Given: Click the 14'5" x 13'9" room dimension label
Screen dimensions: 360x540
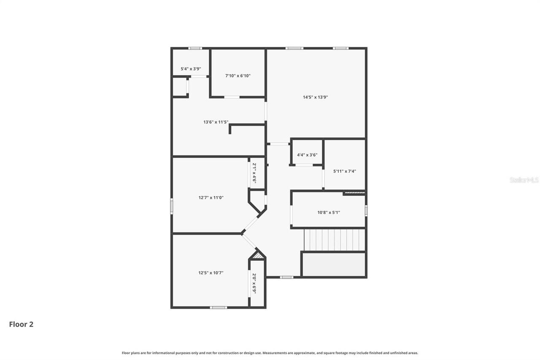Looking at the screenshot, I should click(x=315, y=97).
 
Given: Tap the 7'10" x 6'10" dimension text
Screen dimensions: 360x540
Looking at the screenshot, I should click(x=238, y=76).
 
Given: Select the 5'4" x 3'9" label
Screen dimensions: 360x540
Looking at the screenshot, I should click(x=191, y=69).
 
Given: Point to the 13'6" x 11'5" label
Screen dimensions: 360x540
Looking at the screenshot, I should click(x=216, y=122).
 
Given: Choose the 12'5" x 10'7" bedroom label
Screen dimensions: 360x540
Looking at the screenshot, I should click(x=211, y=273).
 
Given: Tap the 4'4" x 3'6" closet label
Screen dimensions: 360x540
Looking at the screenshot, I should click(x=307, y=155).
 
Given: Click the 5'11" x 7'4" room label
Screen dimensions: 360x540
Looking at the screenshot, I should click(x=345, y=171).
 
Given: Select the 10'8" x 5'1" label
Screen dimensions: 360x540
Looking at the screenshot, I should click(x=329, y=213).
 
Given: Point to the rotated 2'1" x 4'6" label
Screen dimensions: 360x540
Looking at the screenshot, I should click(x=254, y=173).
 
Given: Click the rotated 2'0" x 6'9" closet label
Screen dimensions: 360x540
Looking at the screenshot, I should click(x=254, y=284).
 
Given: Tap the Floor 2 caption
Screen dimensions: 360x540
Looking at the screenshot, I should click(x=21, y=324).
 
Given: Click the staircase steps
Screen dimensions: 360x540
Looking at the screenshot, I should click(x=334, y=240).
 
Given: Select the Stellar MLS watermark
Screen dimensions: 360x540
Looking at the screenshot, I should click(x=524, y=180).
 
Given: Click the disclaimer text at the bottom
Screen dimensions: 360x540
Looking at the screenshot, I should click(x=270, y=353).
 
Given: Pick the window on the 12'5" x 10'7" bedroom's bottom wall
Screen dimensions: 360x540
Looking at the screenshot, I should click(x=219, y=307).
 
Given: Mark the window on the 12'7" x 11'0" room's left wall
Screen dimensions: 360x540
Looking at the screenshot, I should click(x=172, y=206).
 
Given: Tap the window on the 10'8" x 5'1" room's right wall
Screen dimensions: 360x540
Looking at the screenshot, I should click(x=366, y=210).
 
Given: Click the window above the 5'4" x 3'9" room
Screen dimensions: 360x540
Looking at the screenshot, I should click(x=195, y=48).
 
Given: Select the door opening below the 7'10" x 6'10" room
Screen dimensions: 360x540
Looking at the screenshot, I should click(x=232, y=97).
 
